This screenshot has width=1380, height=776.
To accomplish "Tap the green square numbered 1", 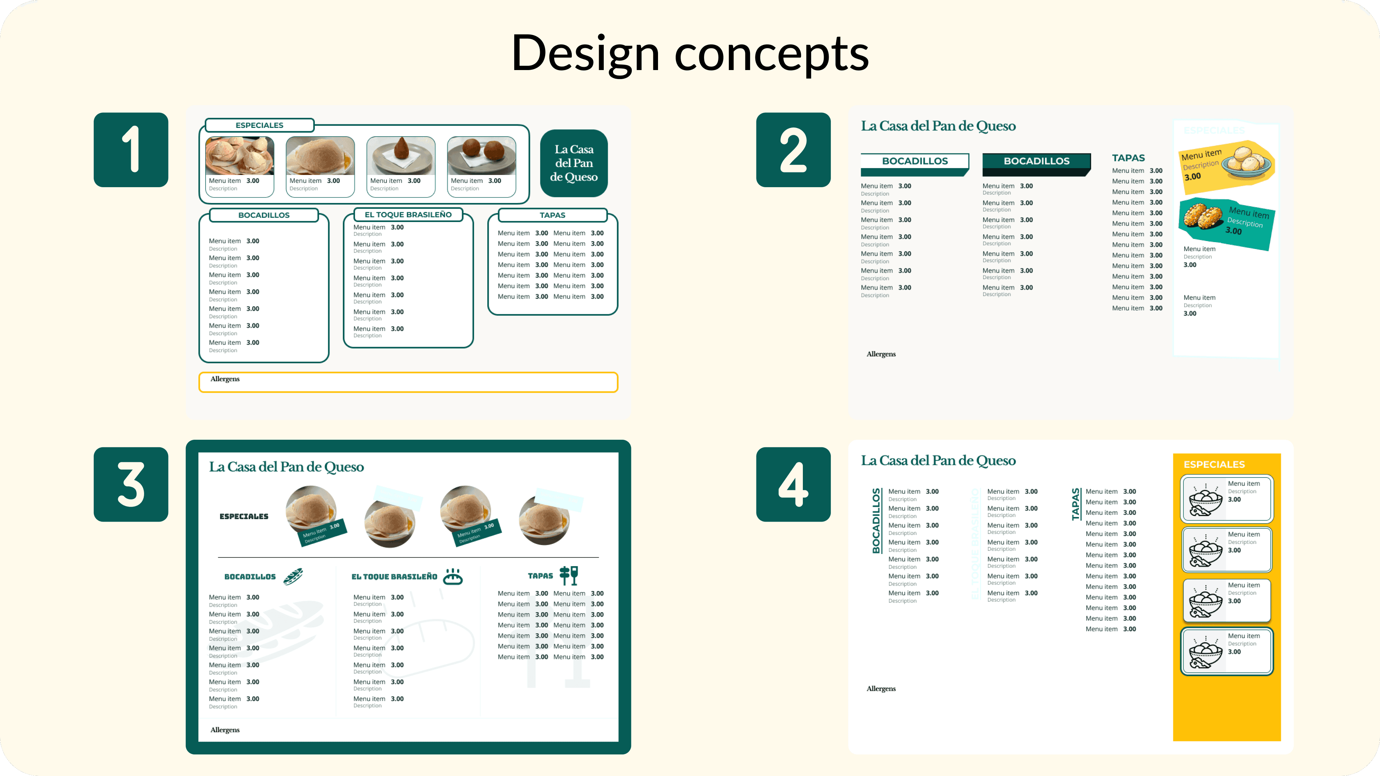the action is [131, 150].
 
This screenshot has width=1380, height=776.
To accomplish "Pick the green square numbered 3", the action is [131, 484].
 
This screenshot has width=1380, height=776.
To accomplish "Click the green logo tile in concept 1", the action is [574, 163].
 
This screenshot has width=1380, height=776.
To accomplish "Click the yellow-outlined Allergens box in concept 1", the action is [408, 382].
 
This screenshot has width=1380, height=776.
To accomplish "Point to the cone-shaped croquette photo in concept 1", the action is [401, 155].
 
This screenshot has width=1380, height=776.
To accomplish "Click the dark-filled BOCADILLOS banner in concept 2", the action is [1036, 161].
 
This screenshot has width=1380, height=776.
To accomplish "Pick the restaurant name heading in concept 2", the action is [938, 126].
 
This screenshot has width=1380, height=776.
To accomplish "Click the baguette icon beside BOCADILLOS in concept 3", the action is [293, 576].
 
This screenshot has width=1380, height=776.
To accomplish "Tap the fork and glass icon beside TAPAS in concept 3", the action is [569, 575].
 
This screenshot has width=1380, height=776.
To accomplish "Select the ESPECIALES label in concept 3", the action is [244, 516].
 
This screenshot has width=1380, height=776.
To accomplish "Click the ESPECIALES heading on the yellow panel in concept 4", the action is [1214, 464].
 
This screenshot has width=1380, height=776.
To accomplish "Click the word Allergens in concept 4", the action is [881, 689].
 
